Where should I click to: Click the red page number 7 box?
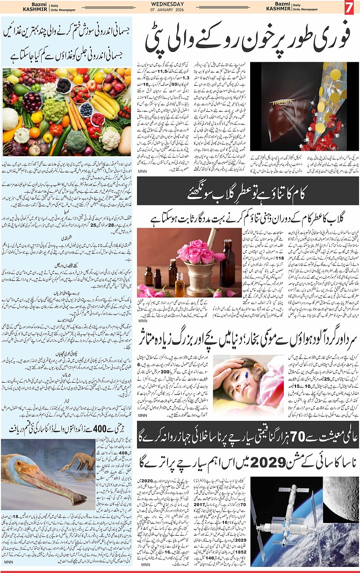(x=349, y=7)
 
